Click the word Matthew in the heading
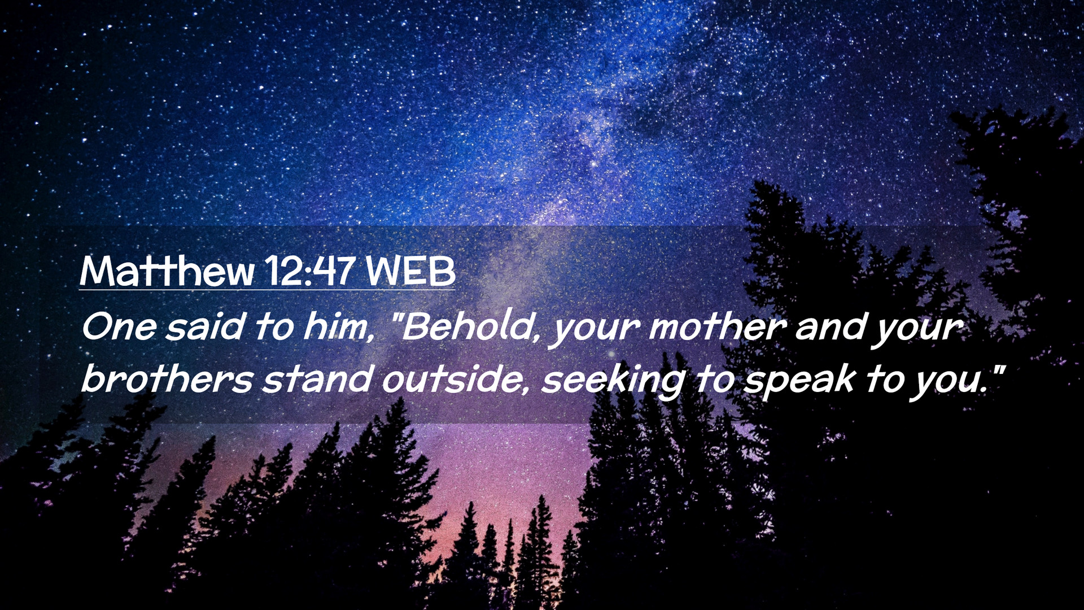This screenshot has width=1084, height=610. click(x=167, y=271)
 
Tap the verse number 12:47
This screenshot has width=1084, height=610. click(x=310, y=271)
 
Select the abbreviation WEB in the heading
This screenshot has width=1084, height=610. click(x=410, y=271)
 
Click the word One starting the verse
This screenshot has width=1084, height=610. click(x=119, y=327)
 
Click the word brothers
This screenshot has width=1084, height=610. click(x=167, y=378)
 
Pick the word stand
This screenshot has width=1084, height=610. click(x=317, y=378)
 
